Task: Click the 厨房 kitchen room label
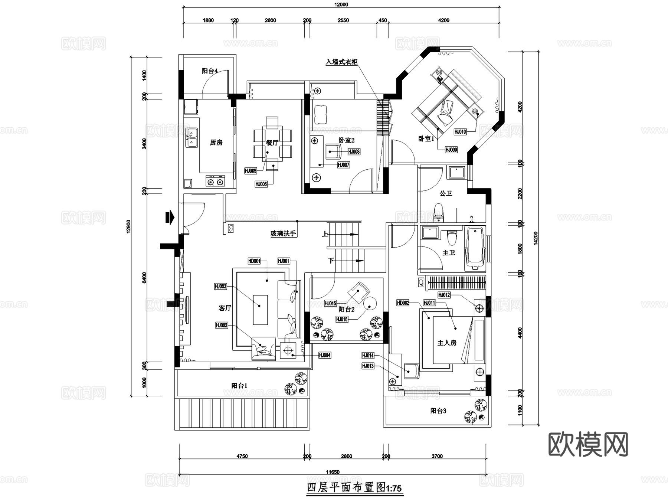point(216,143)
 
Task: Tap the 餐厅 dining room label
point(272,143)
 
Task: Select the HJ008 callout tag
point(354,152)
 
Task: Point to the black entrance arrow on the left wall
point(170,218)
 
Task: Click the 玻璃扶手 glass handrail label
point(283,233)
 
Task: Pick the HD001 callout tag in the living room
point(254,261)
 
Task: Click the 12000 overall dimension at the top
point(341,5)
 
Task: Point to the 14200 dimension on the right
point(535,238)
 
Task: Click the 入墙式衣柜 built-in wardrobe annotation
point(341,62)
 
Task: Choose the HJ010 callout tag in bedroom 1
point(460,132)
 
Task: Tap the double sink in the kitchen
point(191,137)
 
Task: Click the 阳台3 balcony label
point(438,411)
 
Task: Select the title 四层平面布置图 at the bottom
point(354,487)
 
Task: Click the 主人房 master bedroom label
point(447,343)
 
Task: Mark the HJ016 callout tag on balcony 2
point(342,319)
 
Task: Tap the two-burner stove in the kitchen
point(215,182)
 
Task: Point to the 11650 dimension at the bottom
point(333,472)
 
